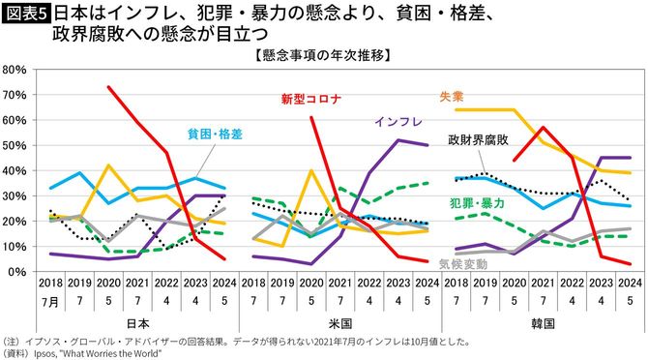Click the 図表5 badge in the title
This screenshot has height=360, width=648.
[26, 15]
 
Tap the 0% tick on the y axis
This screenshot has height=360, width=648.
[18, 272]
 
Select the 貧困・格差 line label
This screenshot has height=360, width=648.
[215, 133]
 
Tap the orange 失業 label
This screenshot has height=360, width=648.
[451, 97]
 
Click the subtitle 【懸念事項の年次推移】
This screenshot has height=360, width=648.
[323, 54]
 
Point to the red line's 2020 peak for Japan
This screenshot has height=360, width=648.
[108, 87]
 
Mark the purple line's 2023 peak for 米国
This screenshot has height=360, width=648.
[398, 140]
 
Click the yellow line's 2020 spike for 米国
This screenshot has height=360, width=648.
[310, 171]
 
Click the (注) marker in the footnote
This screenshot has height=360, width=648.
[12, 341]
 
